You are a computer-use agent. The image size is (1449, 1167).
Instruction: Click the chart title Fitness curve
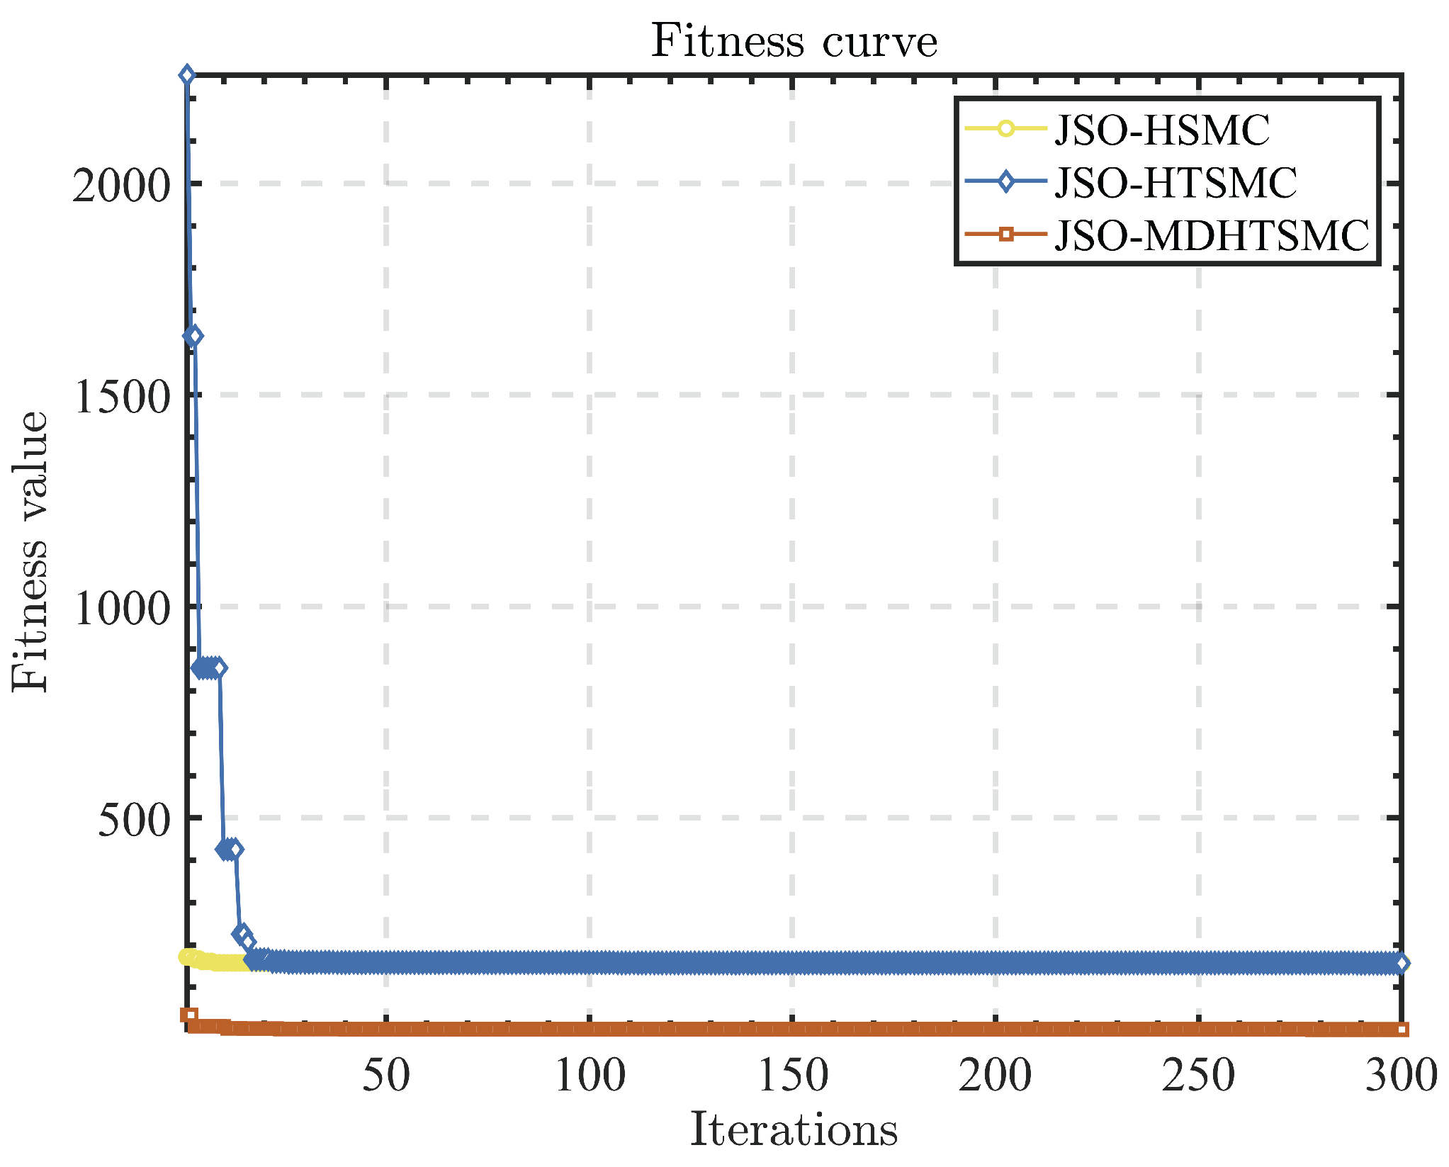[794, 41]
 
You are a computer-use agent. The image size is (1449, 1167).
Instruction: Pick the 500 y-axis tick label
[135, 821]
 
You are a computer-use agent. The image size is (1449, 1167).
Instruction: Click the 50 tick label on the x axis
[386, 1076]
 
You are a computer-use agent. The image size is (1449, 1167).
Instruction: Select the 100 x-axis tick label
[590, 1076]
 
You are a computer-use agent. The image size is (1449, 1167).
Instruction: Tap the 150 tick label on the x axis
[792, 1076]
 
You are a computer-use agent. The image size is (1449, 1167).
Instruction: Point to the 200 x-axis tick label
[995, 1076]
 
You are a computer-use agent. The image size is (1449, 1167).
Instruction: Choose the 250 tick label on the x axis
[1198, 1076]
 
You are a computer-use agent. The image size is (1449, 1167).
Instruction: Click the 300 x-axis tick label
[1401, 1076]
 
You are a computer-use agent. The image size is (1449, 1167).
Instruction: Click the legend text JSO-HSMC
[1162, 130]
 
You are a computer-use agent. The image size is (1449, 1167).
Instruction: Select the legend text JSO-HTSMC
[1175, 183]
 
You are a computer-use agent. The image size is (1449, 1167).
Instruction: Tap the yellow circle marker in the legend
[1005, 129]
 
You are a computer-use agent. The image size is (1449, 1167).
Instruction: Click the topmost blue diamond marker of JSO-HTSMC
[187, 75]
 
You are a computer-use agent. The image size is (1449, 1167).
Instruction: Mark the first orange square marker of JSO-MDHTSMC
[188, 1015]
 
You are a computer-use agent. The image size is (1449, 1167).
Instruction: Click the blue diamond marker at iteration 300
[1401, 963]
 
